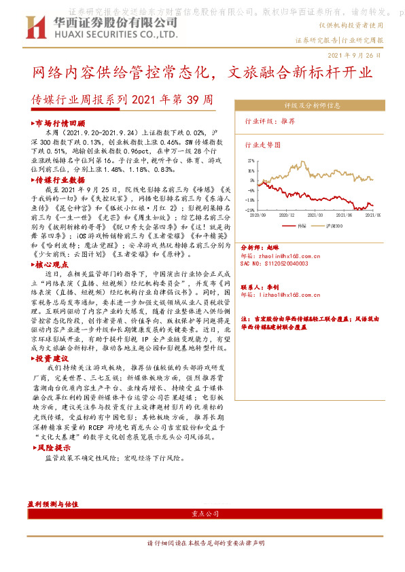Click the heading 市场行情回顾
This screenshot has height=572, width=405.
point(60,124)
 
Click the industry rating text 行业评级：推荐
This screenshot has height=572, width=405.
point(270,121)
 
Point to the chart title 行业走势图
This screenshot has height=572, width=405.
point(262,145)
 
